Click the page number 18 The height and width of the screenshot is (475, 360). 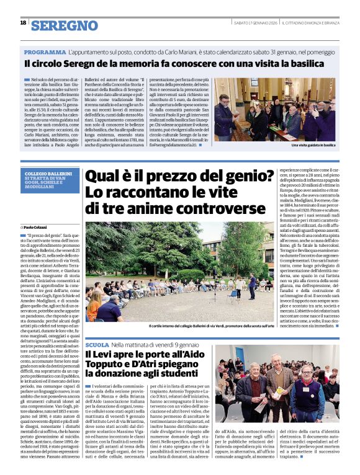[x=23, y=22]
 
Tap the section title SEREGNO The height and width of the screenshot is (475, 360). [x=65, y=25]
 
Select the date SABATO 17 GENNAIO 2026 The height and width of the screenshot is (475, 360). [x=254, y=23]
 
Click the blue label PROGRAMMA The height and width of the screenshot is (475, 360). [x=45, y=52]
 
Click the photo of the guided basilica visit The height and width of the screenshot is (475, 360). [x=276, y=109]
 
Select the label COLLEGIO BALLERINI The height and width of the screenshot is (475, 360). [x=45, y=174]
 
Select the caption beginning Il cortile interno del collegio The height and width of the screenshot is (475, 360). [x=211, y=326]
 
